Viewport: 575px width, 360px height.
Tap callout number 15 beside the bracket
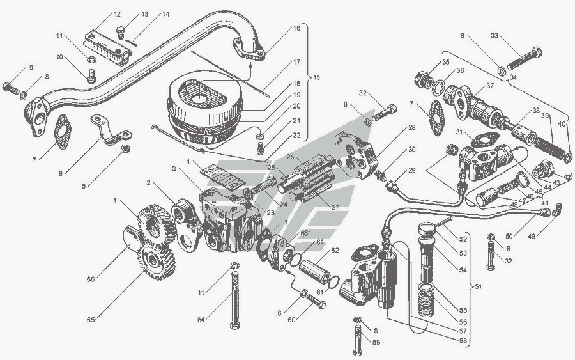tap(316, 77)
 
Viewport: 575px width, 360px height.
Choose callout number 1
tap(116, 201)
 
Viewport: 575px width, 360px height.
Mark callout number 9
tap(31, 68)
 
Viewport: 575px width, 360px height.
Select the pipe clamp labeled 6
tap(111, 133)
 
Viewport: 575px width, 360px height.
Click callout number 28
tap(411, 128)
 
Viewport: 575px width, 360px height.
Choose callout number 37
tap(489, 86)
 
